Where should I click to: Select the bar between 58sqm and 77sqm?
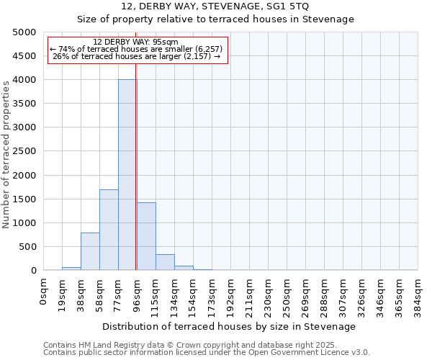[109, 230]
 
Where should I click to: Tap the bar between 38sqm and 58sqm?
[90, 251]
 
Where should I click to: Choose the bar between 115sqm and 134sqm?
[165, 262]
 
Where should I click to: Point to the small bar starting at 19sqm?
[71, 269]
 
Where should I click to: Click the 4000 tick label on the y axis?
[24, 80]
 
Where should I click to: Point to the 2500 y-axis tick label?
[24, 151]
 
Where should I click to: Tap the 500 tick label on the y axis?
[27, 247]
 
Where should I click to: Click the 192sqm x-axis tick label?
[231, 295]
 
